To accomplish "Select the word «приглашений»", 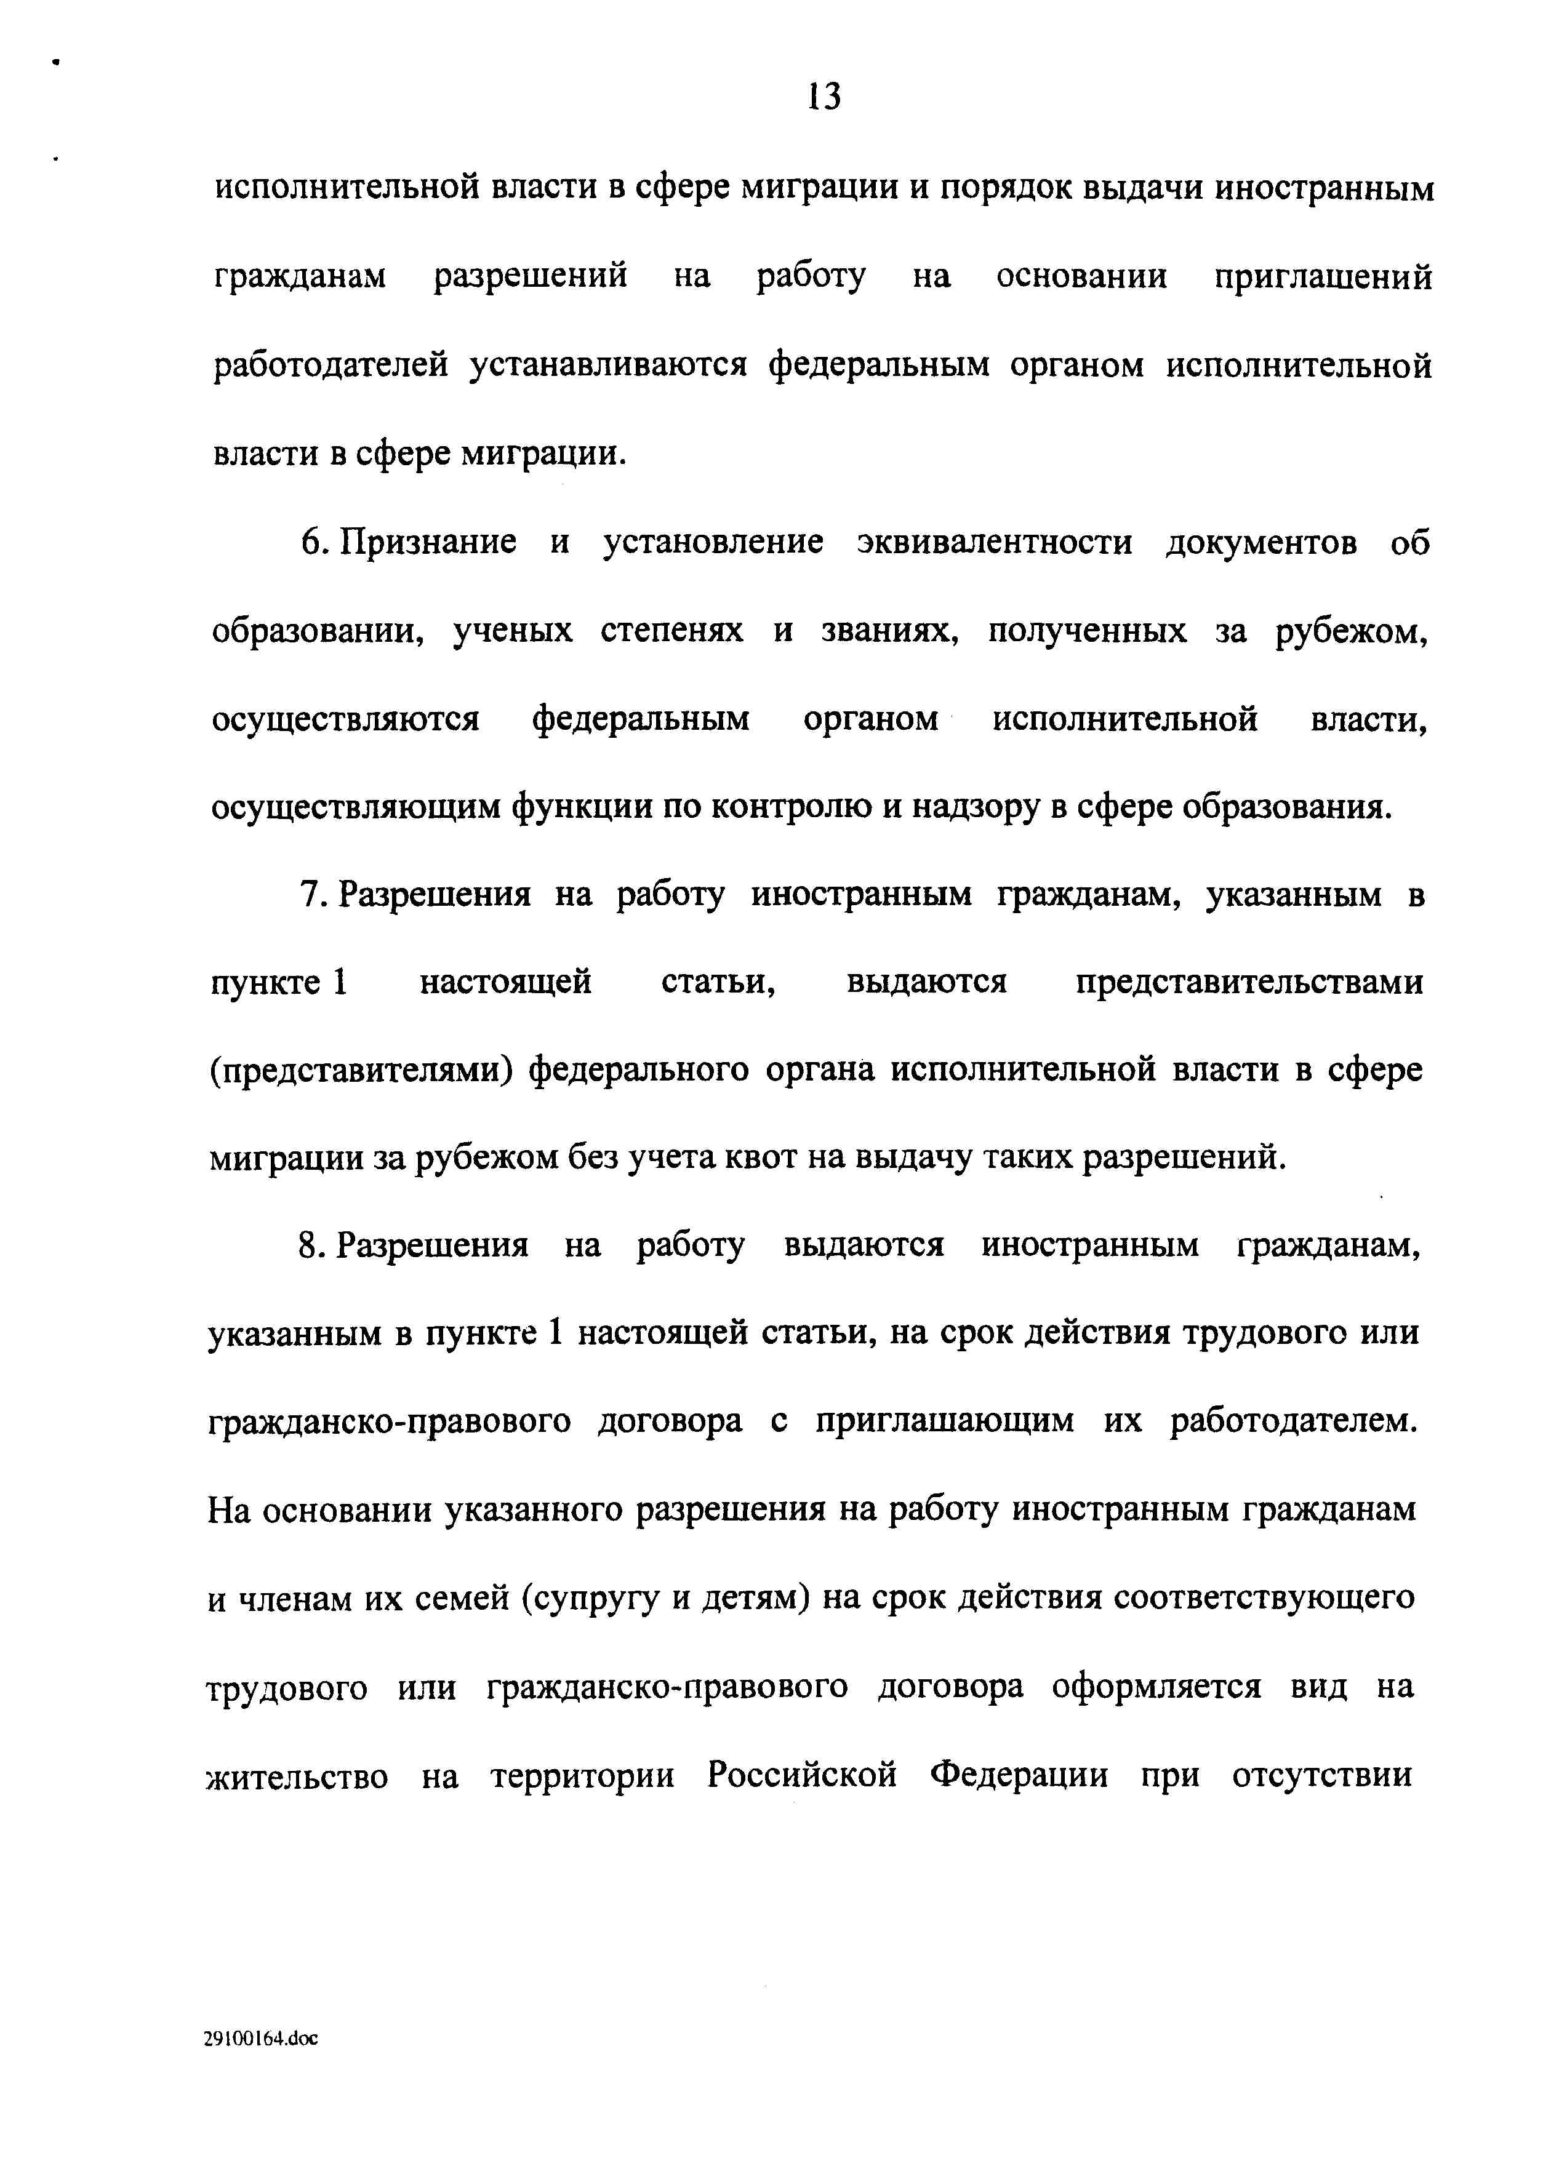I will tap(1323, 277).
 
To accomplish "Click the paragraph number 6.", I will tap(313, 543).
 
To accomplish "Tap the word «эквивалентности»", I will tap(994, 543).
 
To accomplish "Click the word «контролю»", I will tap(791, 808).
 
